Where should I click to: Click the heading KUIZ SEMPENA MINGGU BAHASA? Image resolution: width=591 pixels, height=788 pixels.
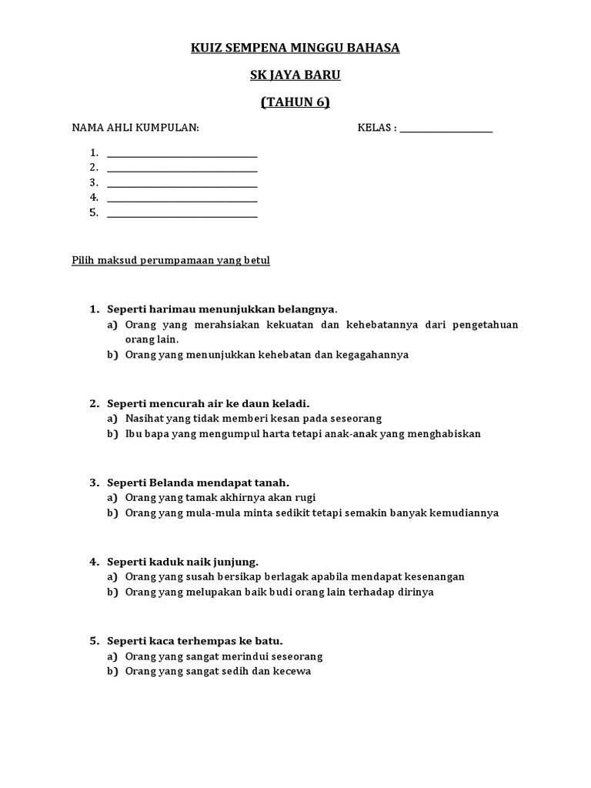pos(295,48)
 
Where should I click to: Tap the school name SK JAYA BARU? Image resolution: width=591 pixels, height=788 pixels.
pos(295,75)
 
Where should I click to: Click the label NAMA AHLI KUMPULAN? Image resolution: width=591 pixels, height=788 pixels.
pos(135,128)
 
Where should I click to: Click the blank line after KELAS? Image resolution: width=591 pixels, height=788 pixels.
pos(446,131)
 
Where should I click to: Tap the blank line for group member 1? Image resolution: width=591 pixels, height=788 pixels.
pos(182,155)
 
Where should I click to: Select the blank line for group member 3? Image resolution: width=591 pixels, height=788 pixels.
pos(182,185)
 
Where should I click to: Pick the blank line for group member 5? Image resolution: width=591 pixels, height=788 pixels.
pos(182,216)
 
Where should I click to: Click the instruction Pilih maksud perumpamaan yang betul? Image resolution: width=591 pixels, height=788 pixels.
pos(171,261)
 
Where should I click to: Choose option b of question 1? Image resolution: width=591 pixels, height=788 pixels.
pos(267,355)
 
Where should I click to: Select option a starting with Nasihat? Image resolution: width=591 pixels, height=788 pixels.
pos(253,419)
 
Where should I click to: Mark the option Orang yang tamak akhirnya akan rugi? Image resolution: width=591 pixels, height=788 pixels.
pos(220,498)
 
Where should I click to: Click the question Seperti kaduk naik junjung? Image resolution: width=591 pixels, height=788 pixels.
pos(182,562)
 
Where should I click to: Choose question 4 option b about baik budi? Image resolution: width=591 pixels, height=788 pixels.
pos(279,593)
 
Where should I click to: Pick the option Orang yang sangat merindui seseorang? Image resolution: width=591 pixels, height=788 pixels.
pos(224,656)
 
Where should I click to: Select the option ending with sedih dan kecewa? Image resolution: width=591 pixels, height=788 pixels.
pos(218,672)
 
